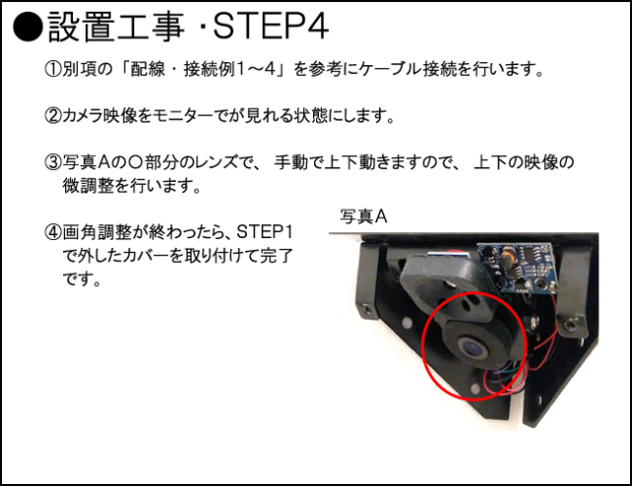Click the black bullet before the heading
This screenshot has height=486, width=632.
tap(28, 28)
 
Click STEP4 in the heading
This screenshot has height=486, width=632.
tap(271, 27)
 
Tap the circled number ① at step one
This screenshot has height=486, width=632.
tap(52, 69)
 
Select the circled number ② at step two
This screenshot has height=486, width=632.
tap(52, 116)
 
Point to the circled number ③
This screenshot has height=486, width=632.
tap(52, 163)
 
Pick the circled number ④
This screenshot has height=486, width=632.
tap(52, 232)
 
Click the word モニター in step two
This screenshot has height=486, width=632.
tap(183, 117)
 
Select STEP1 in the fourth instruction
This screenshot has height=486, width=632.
tap(265, 231)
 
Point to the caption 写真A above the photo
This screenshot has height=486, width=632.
tap(363, 216)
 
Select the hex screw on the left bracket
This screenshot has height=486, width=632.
tap(367, 309)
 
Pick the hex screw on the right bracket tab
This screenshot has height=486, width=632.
tap(571, 323)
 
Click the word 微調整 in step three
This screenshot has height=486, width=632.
tap(88, 186)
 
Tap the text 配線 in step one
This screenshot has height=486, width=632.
tap(148, 69)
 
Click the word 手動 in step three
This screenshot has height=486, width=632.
tap(291, 163)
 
